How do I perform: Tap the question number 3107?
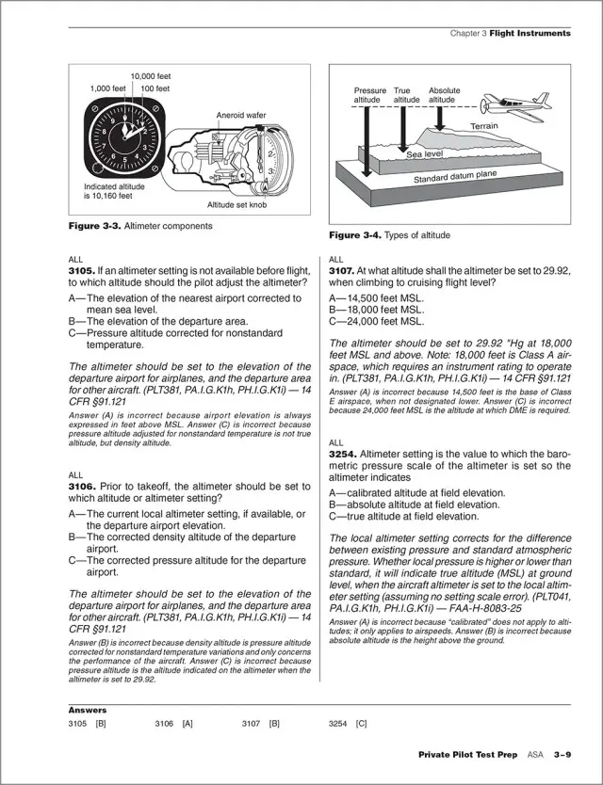342,269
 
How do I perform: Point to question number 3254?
342,453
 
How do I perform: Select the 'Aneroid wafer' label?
241,115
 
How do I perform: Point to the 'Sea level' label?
424,153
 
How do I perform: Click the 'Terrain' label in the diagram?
484,126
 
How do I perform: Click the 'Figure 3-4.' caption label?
352,234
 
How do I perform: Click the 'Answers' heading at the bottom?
88,710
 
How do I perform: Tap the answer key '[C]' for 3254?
361,724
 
